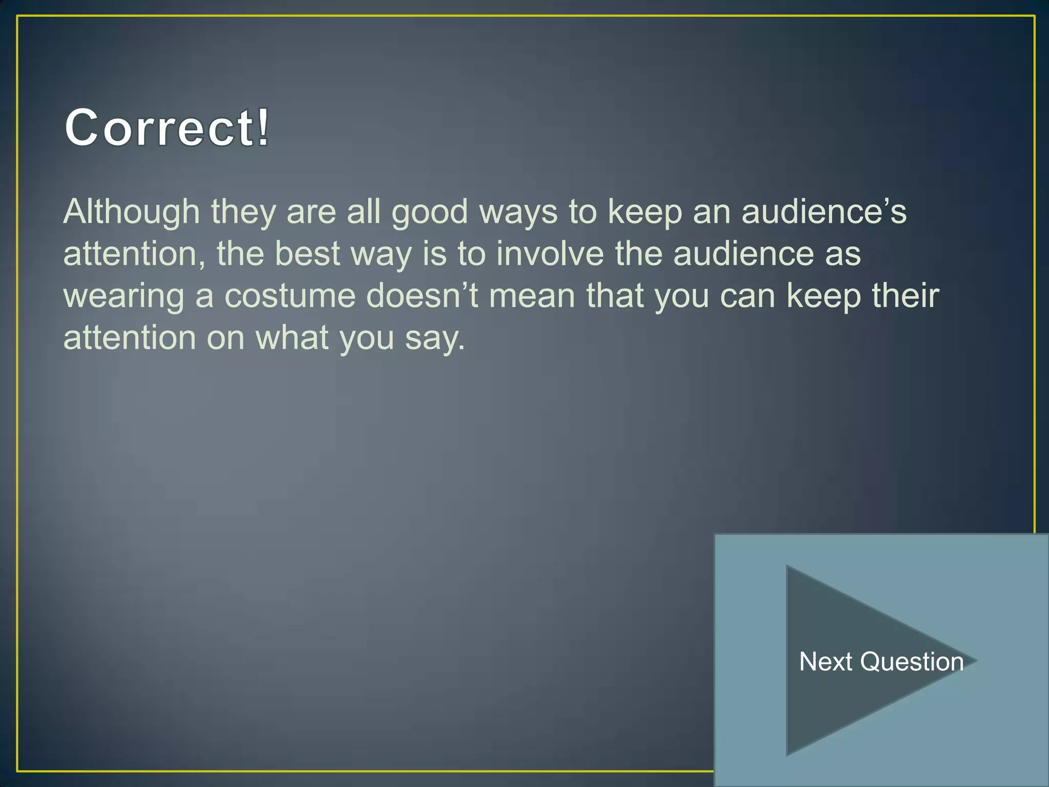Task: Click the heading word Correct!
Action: pos(166,128)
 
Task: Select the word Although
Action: pos(131,212)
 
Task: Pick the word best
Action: pos(307,254)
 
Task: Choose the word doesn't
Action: pos(422,296)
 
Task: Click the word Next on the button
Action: pos(825,661)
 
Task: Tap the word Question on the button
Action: pos(912,662)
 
